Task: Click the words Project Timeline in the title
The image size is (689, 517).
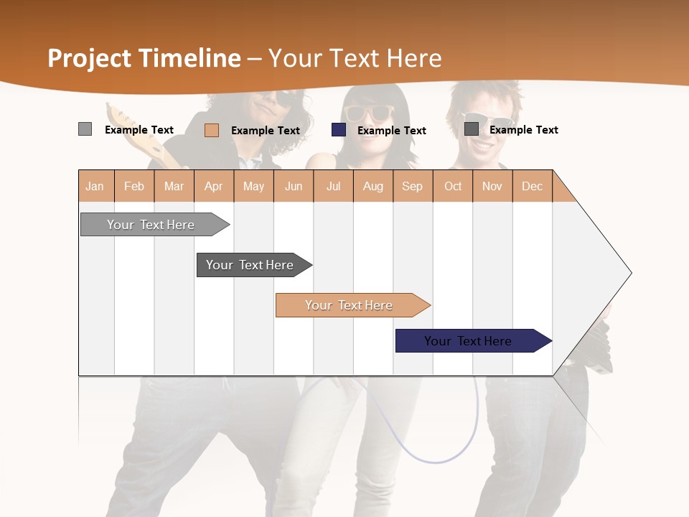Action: tap(144, 58)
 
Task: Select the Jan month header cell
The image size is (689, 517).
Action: tap(95, 186)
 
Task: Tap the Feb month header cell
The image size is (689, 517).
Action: tap(134, 186)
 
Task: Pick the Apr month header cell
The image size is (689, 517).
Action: tap(214, 186)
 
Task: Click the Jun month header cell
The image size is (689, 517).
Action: tap(294, 186)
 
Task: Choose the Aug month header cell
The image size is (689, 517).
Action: tap(373, 186)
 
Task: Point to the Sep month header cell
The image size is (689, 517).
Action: tap(413, 186)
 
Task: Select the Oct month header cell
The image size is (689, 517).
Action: tap(453, 186)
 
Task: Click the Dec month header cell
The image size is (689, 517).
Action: tap(533, 186)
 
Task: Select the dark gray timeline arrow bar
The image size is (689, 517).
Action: tap(251, 265)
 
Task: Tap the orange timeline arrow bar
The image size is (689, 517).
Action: tap(350, 305)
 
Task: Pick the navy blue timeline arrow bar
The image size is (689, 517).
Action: tap(470, 341)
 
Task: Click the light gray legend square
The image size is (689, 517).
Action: tap(85, 129)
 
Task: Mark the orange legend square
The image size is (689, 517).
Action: tap(212, 130)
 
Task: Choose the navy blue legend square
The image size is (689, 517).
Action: tap(339, 130)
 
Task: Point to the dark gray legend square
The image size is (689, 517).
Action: tap(472, 129)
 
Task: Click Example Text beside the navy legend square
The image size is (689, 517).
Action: tap(392, 131)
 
